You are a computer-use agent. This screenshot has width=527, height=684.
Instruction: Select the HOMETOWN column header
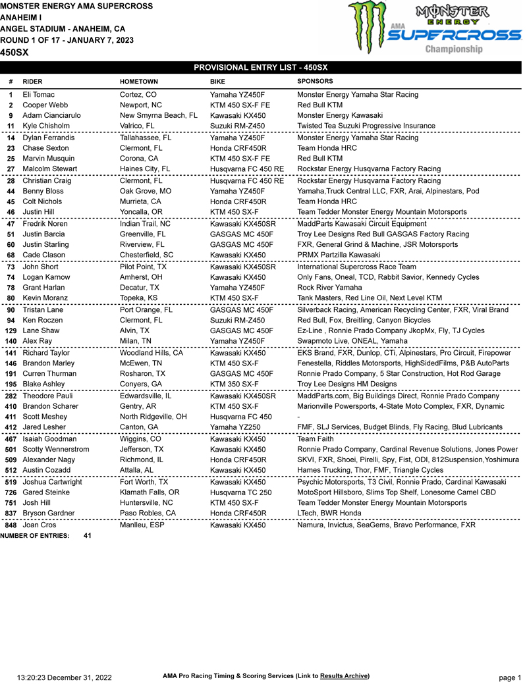pos(138,82)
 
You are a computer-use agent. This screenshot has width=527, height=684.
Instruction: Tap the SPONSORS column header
pos(315,82)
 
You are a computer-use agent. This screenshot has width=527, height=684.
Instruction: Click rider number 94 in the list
pos(11,321)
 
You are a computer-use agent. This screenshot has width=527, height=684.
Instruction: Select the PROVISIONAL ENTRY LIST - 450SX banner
pos(260,68)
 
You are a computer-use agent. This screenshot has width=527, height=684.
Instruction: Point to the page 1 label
pos(509,677)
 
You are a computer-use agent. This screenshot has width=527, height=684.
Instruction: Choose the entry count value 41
pos(88,536)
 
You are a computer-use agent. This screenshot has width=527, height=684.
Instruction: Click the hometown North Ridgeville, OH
pos(153,417)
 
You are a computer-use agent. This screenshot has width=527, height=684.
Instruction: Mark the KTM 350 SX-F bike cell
pos(234,384)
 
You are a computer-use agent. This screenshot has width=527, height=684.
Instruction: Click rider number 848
pos(11,525)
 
